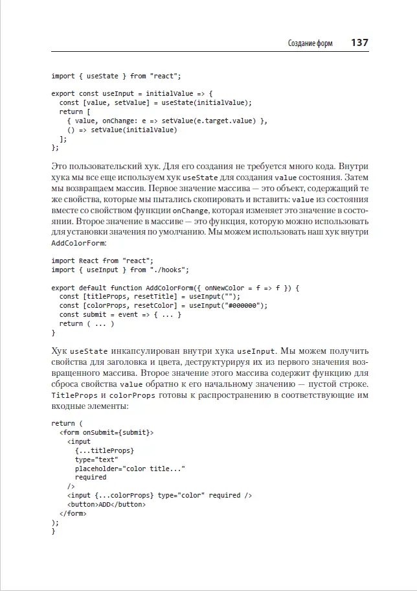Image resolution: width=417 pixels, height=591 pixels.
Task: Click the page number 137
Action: point(359,43)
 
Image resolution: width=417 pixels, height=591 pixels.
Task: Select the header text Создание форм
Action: point(310,44)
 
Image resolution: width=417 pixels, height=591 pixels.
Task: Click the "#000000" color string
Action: point(245,305)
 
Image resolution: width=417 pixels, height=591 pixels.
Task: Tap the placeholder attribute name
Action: point(97,468)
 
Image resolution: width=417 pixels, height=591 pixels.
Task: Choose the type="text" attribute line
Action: point(96,459)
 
